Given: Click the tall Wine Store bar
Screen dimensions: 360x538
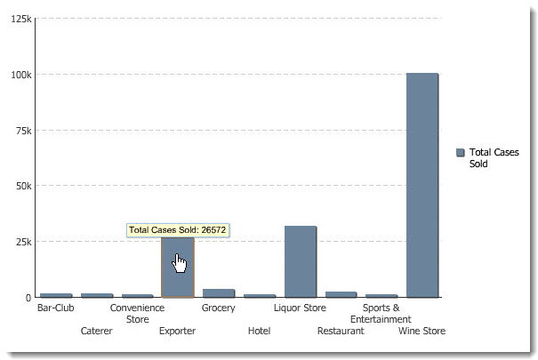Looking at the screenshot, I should tap(422, 185).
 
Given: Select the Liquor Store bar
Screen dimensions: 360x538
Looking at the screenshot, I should tap(301, 261).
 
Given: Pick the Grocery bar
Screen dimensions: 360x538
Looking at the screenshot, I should tap(219, 292).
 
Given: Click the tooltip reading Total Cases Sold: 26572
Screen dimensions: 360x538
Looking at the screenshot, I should tap(178, 230).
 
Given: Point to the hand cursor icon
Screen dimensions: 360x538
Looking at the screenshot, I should tap(181, 264).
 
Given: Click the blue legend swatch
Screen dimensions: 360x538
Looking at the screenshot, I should tap(460, 153).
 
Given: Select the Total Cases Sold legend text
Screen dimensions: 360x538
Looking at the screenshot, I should tap(494, 158).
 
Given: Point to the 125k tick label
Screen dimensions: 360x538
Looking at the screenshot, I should tap(19, 19).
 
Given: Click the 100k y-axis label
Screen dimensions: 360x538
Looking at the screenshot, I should tap(19, 75).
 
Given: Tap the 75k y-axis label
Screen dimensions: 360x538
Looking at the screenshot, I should tap(22, 131).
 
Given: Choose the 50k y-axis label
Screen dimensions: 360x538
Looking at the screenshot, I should tap(22, 186).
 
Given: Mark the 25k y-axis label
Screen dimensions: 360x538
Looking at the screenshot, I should tap(22, 242).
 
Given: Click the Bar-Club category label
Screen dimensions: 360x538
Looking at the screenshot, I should tap(55, 308).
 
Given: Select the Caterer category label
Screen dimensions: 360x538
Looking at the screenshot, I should tap(96, 331).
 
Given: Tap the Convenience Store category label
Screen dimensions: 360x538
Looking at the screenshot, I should tap(137, 314).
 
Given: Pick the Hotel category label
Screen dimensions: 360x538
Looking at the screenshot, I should tap(259, 331).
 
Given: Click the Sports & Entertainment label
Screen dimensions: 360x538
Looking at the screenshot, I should tap(381, 314).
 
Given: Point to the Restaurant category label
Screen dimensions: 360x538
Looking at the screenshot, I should tap(341, 331).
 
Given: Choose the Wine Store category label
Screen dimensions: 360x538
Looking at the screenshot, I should tap(422, 331).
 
